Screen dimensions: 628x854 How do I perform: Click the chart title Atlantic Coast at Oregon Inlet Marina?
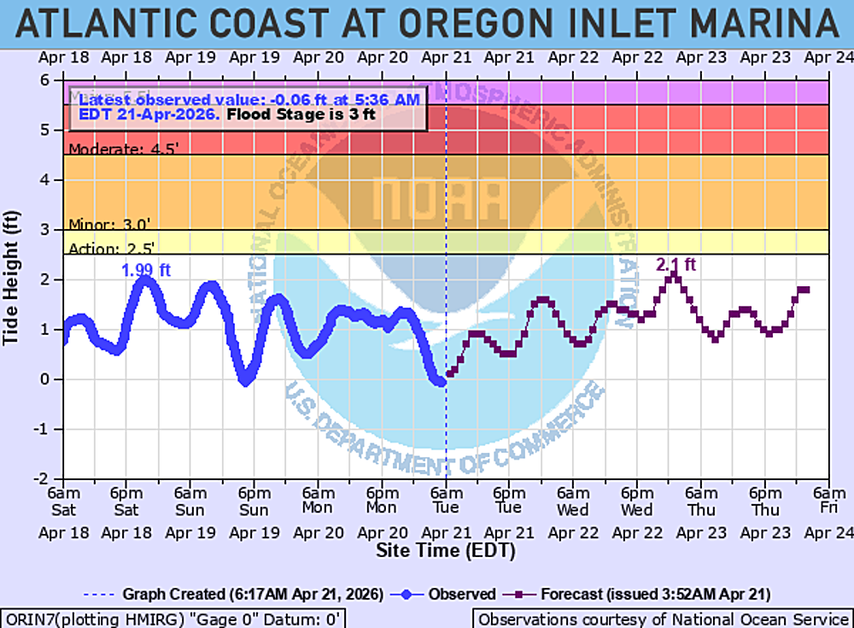[427, 23]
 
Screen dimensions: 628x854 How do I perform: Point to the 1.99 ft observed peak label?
[146, 271]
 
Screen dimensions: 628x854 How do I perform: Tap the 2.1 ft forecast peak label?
[676, 265]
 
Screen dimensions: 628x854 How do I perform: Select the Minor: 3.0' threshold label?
[109, 225]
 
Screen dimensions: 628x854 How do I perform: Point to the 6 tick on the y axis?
[54, 80]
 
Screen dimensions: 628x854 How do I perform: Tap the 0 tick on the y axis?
[54, 379]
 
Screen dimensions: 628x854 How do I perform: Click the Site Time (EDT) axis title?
[446, 551]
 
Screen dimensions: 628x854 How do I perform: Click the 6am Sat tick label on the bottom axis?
[63, 502]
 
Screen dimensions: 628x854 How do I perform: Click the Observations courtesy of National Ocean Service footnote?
[661, 619]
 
